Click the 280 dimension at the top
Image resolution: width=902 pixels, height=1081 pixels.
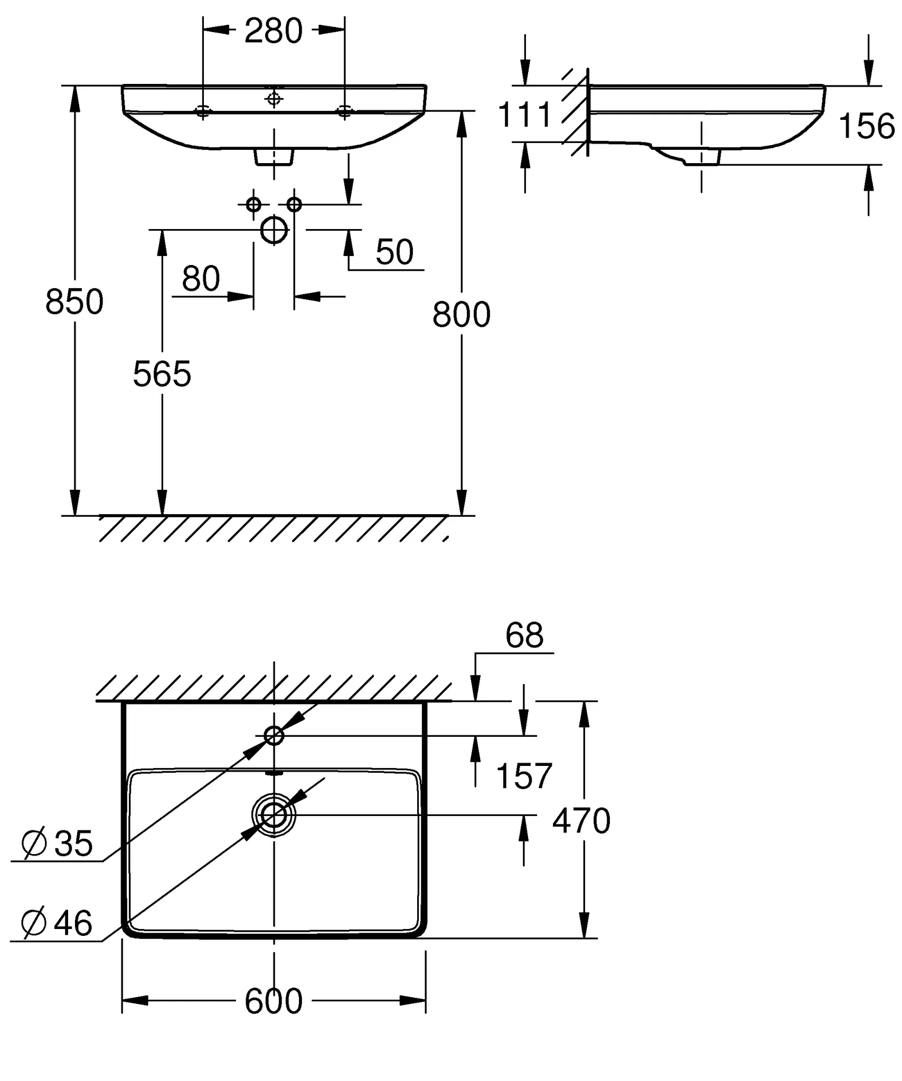274,31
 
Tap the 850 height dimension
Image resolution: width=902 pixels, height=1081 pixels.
74,302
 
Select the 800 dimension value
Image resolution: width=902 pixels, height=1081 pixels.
462,315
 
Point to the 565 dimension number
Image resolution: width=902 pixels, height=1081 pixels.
162,374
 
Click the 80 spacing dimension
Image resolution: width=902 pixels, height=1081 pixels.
201,278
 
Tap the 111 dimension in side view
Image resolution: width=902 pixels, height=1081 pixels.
524,115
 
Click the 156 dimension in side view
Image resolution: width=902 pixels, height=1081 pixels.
867,126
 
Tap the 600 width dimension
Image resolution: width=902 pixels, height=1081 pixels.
274,1001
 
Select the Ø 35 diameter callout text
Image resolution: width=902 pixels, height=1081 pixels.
57,843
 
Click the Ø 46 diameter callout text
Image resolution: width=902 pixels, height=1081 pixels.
57,923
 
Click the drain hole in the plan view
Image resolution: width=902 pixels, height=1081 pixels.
274,816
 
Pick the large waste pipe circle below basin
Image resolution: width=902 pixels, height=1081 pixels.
274,230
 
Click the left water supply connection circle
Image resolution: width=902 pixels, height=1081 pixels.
253,204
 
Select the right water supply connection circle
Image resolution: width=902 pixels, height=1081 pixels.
294,204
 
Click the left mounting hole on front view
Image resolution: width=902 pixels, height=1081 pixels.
203,111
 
